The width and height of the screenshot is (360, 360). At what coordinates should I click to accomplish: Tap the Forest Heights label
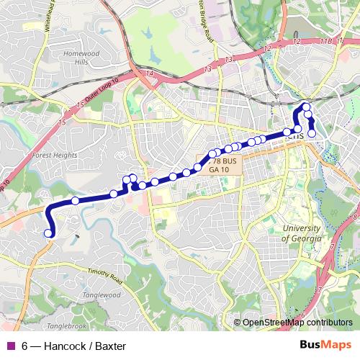[54, 153]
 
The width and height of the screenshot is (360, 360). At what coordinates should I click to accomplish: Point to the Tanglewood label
[102, 295]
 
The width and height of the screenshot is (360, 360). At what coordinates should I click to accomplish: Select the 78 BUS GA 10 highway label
[223, 166]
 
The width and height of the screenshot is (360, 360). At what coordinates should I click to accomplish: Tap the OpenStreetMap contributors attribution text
[296, 323]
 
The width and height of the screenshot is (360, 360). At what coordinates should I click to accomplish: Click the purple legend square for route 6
[9, 346]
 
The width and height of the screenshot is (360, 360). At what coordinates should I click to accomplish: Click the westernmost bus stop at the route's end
[49, 233]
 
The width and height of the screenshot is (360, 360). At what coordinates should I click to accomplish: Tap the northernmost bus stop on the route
[306, 108]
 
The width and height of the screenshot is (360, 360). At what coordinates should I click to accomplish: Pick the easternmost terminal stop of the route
[312, 133]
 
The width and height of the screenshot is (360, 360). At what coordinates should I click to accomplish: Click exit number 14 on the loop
[150, 73]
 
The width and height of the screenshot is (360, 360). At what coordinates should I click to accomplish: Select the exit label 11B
[327, 42]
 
